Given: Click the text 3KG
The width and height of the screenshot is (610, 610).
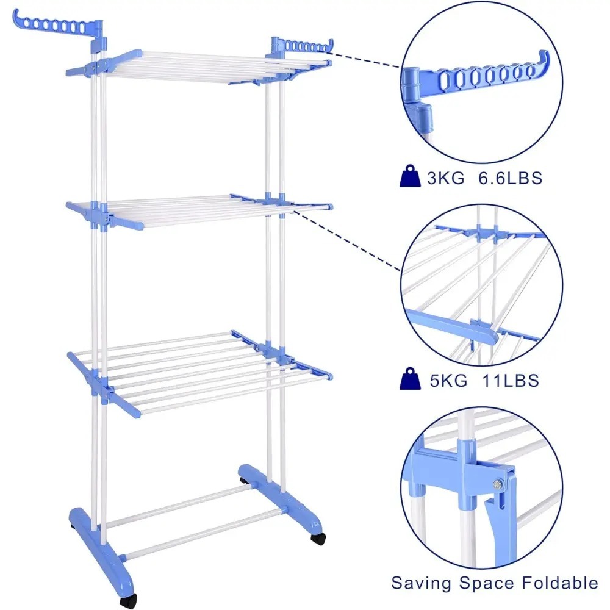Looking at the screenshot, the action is click(x=446, y=178).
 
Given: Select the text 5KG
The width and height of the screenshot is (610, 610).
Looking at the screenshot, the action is click(x=448, y=380).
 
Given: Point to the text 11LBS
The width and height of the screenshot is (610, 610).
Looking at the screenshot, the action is click(x=511, y=380).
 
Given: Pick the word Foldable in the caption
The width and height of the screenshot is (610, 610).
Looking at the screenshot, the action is click(x=560, y=583).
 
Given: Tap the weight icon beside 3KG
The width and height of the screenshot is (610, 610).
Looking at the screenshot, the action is click(x=410, y=176).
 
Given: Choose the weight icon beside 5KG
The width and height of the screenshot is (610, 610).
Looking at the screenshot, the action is click(x=410, y=379).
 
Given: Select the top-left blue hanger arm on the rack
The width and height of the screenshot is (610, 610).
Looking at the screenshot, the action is click(x=59, y=29).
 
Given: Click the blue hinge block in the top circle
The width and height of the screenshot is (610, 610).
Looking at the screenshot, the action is click(x=411, y=84).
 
